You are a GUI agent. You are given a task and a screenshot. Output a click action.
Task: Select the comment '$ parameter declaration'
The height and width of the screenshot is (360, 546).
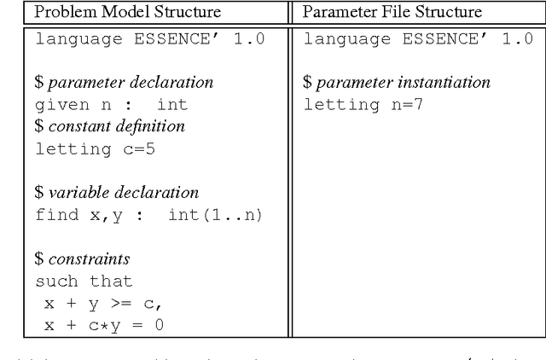pyautogui.click(x=124, y=83)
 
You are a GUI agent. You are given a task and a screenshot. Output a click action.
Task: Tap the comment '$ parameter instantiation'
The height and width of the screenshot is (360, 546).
pyautogui.click(x=397, y=83)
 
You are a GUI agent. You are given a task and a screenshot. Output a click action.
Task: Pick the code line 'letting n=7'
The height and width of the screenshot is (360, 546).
pyautogui.click(x=363, y=105)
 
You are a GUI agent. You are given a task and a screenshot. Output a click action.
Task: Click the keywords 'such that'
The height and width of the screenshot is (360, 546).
pyautogui.click(x=84, y=281)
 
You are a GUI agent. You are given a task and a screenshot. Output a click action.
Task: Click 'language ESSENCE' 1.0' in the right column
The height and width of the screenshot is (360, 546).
pyautogui.click(x=419, y=39)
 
